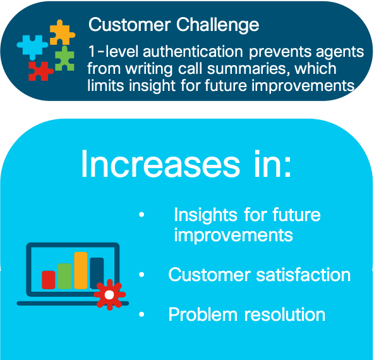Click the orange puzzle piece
click(62, 33)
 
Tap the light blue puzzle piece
click(32, 47)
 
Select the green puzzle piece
click(64, 58)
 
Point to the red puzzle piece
click(40, 71)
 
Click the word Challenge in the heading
click(217, 25)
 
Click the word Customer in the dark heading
click(129, 25)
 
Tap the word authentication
click(193, 51)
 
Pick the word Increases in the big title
click(160, 164)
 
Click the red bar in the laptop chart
click(49, 280)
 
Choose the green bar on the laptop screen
click(64, 276)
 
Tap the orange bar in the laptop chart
click(81, 270)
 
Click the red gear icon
click(110, 295)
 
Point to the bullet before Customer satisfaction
click(141, 275)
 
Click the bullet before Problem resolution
click(141, 314)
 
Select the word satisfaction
click(303, 275)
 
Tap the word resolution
click(285, 315)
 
